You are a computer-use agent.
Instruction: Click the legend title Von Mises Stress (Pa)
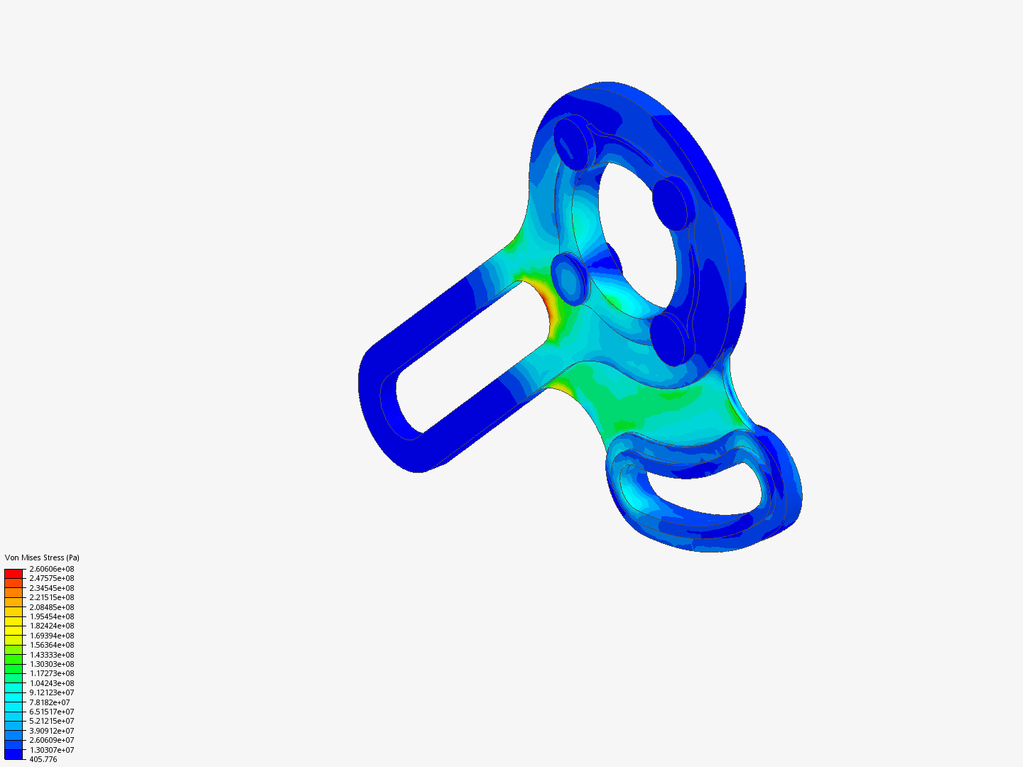point(42,557)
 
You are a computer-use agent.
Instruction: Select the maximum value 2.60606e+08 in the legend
point(52,569)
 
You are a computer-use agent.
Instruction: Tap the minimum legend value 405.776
point(43,760)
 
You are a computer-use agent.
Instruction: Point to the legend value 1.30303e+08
point(52,664)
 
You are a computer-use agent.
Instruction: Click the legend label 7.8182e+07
point(50,702)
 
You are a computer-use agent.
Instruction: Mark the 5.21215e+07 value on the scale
point(52,722)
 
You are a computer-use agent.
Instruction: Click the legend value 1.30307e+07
point(52,750)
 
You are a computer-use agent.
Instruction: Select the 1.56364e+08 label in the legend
point(52,645)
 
